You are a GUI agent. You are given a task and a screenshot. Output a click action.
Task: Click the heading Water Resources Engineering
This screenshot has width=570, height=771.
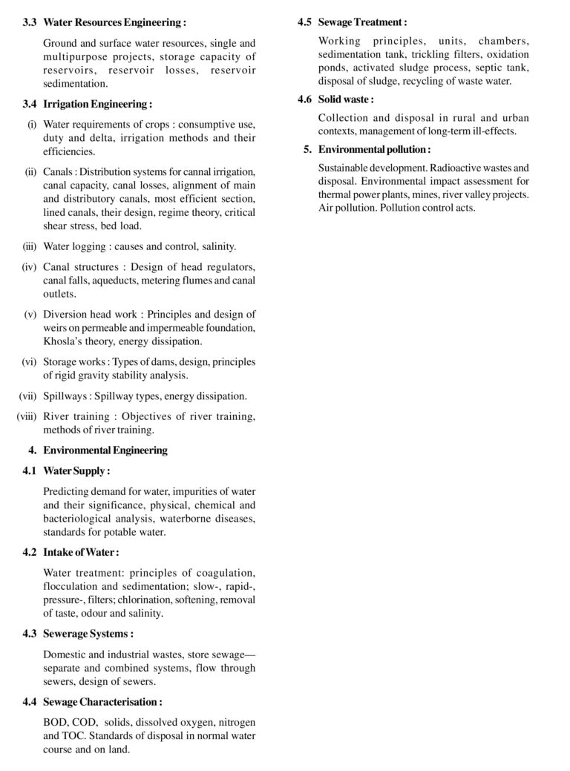tap(115, 22)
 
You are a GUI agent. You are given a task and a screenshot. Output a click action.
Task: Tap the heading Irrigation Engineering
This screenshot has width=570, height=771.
tap(98, 105)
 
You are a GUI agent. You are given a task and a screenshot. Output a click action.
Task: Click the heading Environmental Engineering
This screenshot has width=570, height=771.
tap(105, 450)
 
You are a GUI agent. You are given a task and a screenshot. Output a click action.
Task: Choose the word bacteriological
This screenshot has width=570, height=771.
tap(79, 518)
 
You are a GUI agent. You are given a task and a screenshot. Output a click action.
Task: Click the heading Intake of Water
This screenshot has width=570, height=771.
tap(81, 552)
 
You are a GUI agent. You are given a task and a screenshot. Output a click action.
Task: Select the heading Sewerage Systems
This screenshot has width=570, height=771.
tap(88, 634)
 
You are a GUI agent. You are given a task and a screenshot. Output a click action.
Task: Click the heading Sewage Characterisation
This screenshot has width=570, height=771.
tap(102, 702)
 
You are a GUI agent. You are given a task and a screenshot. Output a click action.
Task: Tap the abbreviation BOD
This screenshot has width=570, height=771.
tap(55, 722)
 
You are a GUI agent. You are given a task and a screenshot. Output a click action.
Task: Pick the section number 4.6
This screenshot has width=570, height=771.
tap(304, 98)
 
